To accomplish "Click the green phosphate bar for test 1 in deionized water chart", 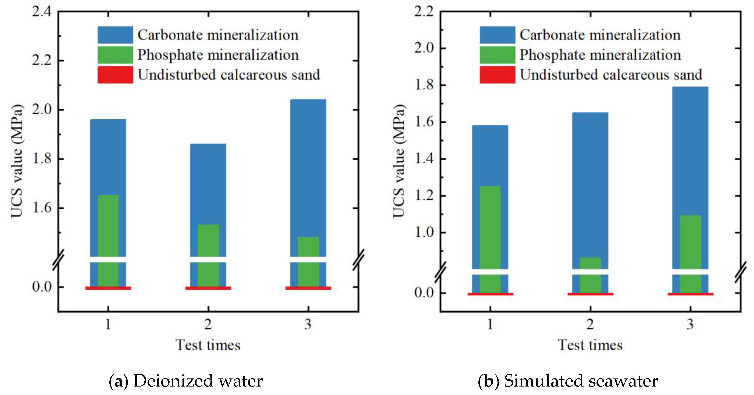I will (x=108, y=225).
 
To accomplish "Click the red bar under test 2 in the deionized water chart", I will (x=208, y=288).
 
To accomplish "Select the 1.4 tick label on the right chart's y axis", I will (x=424, y=159).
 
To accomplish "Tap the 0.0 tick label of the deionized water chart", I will (x=42, y=287).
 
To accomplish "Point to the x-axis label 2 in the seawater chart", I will (x=590, y=324).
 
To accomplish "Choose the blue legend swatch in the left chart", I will (x=115, y=35).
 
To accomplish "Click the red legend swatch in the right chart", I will (x=497, y=75).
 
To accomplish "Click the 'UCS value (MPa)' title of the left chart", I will (x=17, y=161).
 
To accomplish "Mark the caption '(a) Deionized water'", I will (x=186, y=381).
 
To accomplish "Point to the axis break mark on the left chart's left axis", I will (x=58, y=260).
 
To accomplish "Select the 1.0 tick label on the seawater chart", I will (x=424, y=233).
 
